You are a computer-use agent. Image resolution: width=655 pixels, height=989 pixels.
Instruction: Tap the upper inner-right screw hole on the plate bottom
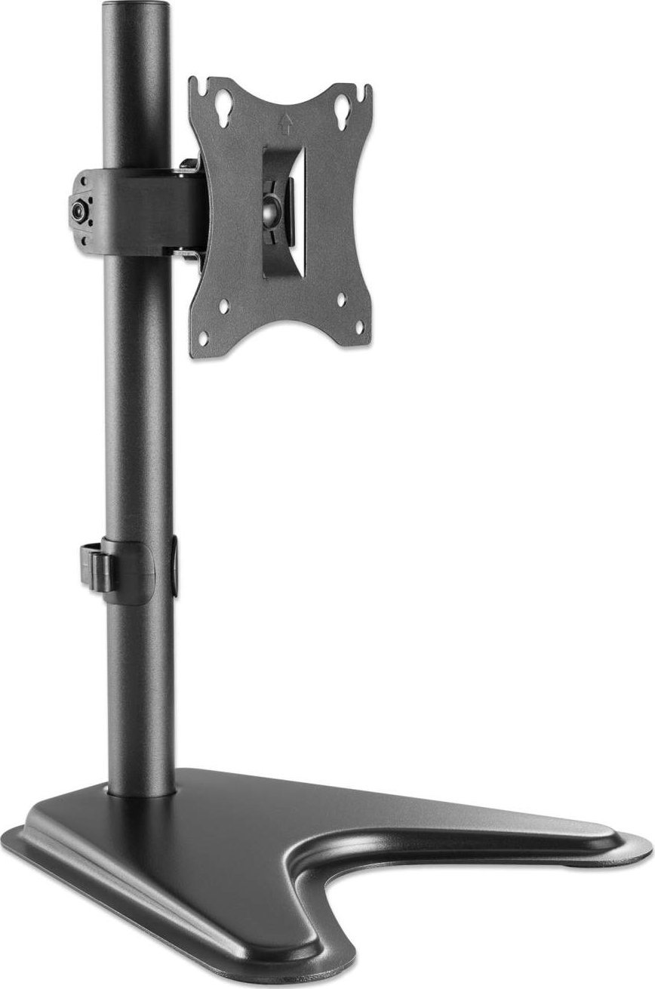[340, 299]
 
